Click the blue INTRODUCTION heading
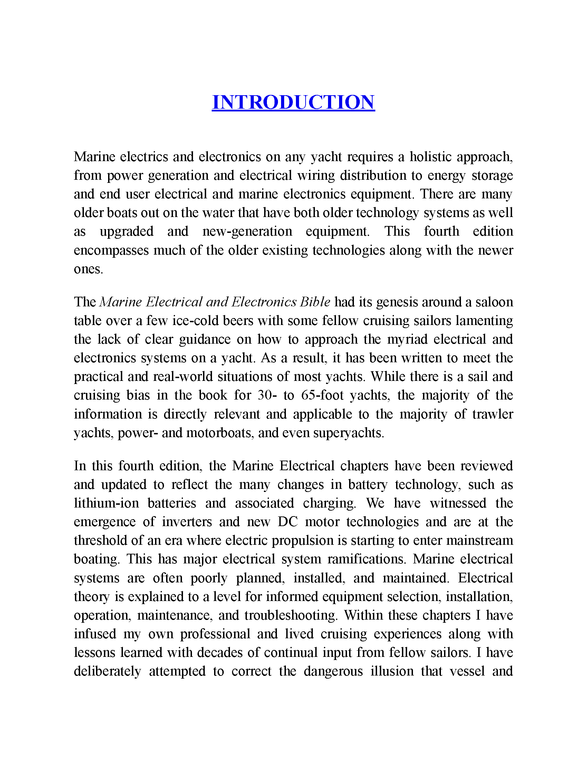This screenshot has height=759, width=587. click(x=293, y=102)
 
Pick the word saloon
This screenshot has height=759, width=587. click(x=494, y=302)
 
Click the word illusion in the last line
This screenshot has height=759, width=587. click(x=392, y=671)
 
